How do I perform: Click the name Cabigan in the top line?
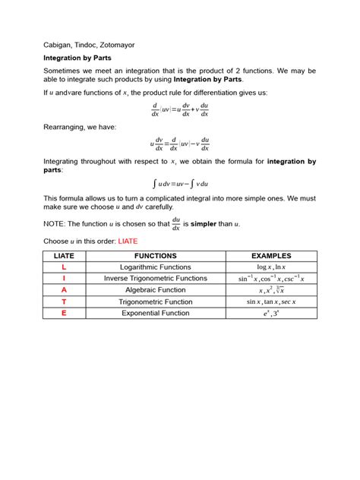click(58, 44)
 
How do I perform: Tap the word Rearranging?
click(67, 127)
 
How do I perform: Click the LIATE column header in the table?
click(64, 256)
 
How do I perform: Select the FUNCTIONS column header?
click(156, 256)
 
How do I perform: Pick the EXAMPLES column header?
click(271, 256)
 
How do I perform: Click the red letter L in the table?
click(64, 267)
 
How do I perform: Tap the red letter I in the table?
click(64, 279)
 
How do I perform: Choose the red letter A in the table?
click(64, 290)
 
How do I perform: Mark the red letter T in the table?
click(64, 302)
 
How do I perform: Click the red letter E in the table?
click(64, 313)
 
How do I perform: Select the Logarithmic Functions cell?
click(156, 267)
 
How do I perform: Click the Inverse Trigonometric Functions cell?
click(156, 279)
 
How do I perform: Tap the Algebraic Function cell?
click(156, 290)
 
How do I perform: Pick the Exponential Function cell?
click(156, 313)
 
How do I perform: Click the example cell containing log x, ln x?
click(271, 267)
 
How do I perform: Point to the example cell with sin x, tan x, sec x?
click(271, 302)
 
